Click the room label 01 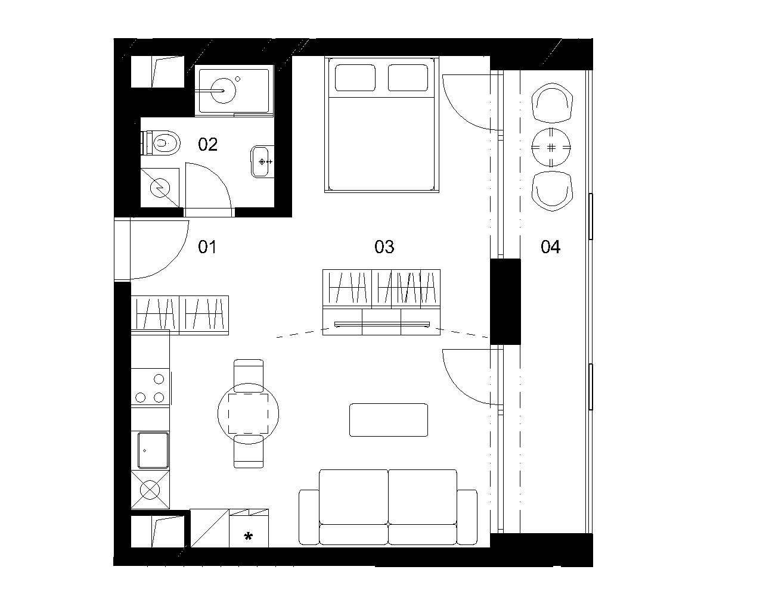pyautogui.click(x=207, y=247)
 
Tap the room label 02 pyautogui.click(x=208, y=145)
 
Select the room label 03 pyautogui.click(x=384, y=247)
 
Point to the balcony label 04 pyautogui.click(x=551, y=247)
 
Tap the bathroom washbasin pyautogui.click(x=262, y=161)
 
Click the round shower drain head pyautogui.click(x=224, y=91)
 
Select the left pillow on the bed pyautogui.click(x=355, y=77)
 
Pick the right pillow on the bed pyautogui.click(x=408, y=77)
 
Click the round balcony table pyautogui.click(x=551, y=148)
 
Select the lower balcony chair pyautogui.click(x=553, y=191)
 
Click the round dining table pyautogui.click(x=248, y=413)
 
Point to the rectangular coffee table pyautogui.click(x=389, y=420)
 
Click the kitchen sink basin pyautogui.click(x=153, y=450)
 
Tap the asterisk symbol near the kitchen pyautogui.click(x=248, y=536)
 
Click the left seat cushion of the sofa pyautogui.click(x=353, y=497)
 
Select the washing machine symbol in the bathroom pyautogui.click(x=160, y=188)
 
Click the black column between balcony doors pyautogui.click(x=505, y=301)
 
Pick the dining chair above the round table pyautogui.click(x=249, y=376)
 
